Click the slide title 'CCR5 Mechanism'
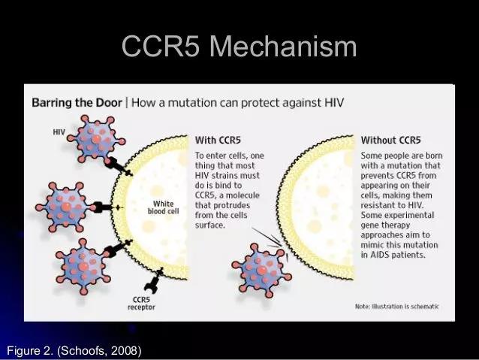(239, 46)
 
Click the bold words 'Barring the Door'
(77, 102)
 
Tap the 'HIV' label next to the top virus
(59, 132)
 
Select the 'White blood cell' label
(164, 207)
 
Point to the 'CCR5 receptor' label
(141, 303)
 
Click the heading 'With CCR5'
(218, 140)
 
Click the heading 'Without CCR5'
(390, 140)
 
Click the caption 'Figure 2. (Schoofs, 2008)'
(74, 350)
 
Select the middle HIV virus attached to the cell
(65, 207)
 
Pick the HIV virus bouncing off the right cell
(261, 271)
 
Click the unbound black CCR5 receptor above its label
(154, 281)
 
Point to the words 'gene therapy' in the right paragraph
(385, 225)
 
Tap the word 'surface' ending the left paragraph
(209, 225)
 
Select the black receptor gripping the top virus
(119, 166)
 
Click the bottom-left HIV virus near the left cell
(83, 266)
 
